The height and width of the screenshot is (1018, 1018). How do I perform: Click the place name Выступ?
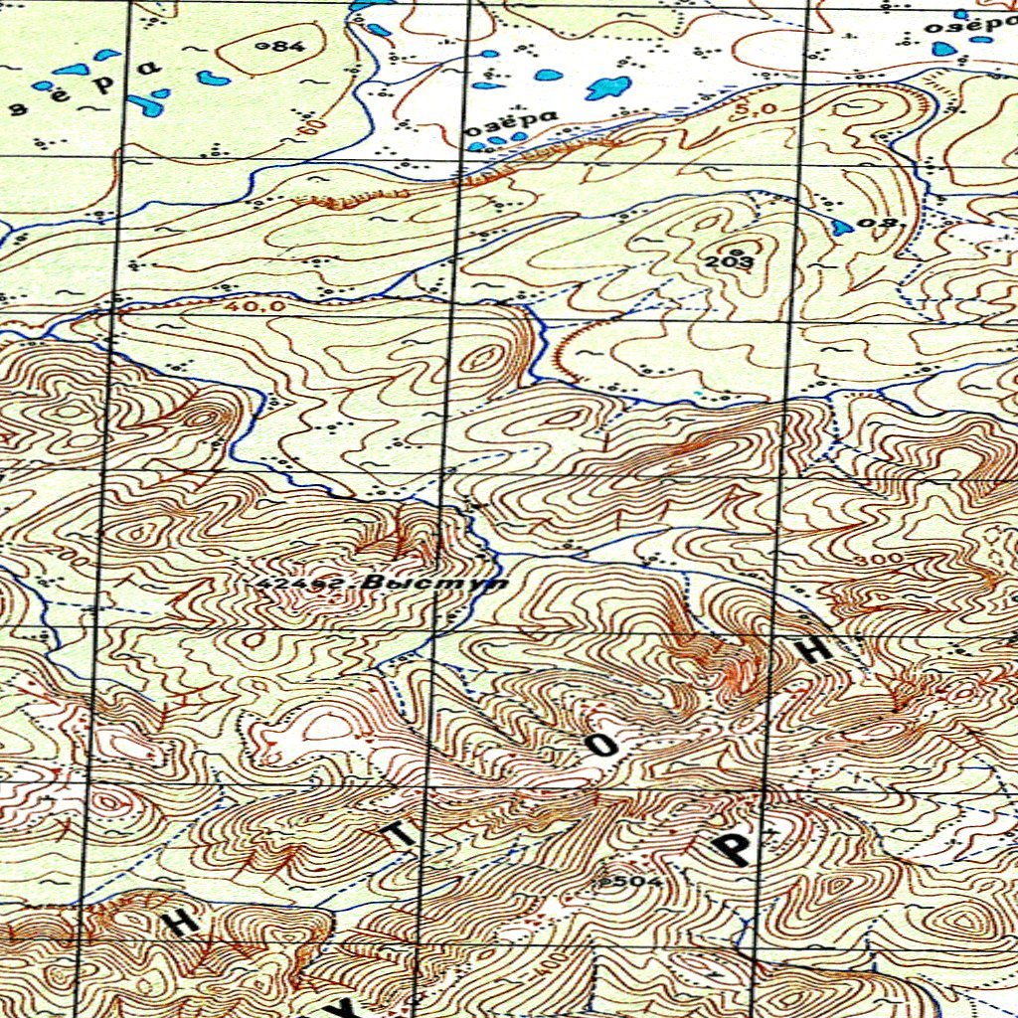[x=435, y=583]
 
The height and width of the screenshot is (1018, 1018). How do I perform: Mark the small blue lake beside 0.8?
[x=842, y=227]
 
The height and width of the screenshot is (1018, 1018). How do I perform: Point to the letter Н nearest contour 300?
[x=815, y=649]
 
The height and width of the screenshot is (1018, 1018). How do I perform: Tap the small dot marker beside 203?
[x=738, y=249]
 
